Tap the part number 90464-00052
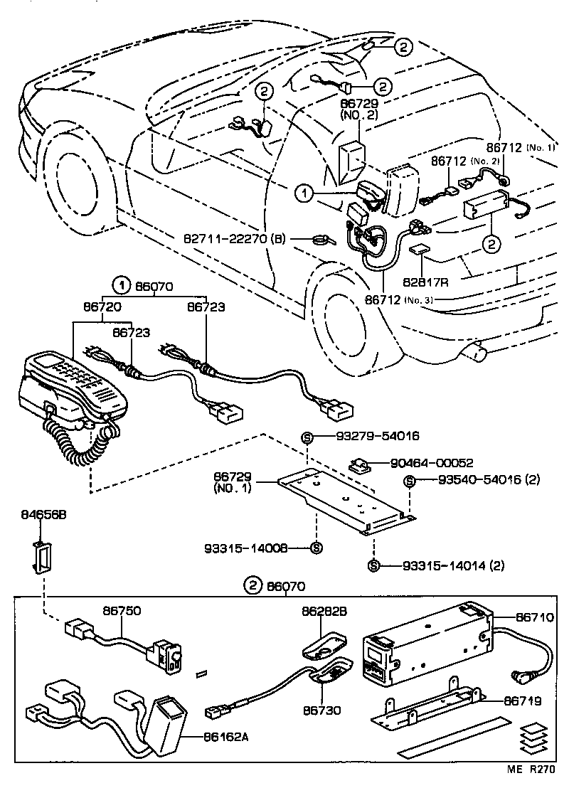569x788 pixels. tap(432, 462)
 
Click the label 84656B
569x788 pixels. tap(43, 513)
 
